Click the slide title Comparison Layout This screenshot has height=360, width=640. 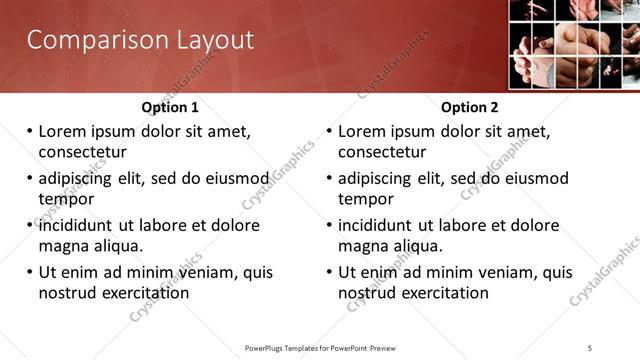pyautogui.click(x=139, y=41)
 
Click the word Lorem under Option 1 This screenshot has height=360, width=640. pyautogui.click(x=64, y=131)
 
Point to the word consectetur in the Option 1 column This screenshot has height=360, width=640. pyautogui.click(x=82, y=152)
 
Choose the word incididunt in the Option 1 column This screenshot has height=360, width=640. pyautogui.click(x=83, y=225)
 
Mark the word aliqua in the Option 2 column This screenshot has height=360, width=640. pyautogui.click(x=420, y=246)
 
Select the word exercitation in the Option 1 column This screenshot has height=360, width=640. pyautogui.click(x=143, y=293)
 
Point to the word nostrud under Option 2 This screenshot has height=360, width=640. pyautogui.click(x=368, y=293)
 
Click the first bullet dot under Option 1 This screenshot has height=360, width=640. pyautogui.click(x=30, y=132)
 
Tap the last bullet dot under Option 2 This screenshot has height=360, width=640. pyautogui.click(x=330, y=273)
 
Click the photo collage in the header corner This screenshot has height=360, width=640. pyautogui.click(x=573, y=45)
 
